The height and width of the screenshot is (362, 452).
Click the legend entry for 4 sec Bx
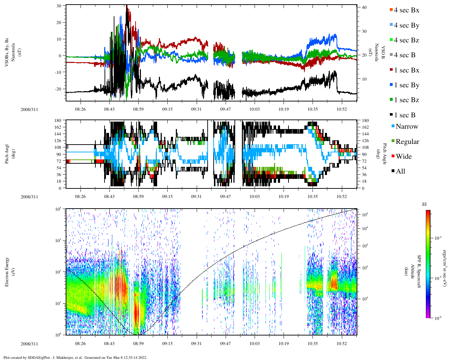[406, 10]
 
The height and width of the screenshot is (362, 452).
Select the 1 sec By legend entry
[406, 85]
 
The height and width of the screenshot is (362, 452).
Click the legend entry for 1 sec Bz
[406, 100]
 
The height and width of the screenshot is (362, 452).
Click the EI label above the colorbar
[424, 204]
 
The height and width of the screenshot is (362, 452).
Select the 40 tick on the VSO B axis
[363, 7]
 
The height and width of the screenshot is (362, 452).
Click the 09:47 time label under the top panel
[225, 109]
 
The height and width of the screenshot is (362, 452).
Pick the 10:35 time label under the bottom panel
[313, 344]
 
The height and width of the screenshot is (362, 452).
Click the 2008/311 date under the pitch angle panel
[29, 197]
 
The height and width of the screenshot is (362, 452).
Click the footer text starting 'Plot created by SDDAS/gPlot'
[75, 357]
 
